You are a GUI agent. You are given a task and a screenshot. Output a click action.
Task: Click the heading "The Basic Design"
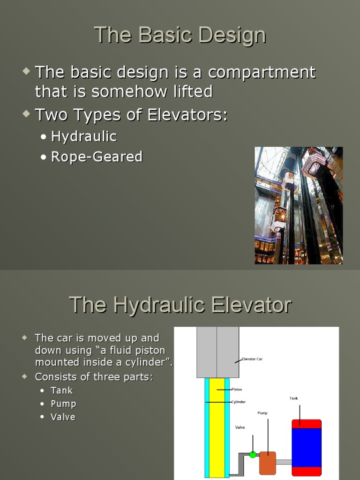180,35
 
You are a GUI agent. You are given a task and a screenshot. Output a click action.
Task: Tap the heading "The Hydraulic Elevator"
180,305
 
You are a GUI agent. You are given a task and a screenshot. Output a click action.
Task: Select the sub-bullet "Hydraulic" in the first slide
83,136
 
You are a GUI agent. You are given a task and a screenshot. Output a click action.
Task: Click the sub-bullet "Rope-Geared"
97,157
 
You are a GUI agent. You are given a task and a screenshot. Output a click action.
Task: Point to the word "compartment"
262,73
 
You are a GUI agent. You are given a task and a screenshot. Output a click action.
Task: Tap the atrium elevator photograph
299,205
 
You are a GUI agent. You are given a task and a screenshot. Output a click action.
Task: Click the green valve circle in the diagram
253,454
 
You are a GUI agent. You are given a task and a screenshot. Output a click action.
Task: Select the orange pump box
267,463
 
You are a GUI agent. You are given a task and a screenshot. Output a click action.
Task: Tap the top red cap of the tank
307,424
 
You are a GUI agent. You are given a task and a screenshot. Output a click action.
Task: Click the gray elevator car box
217,352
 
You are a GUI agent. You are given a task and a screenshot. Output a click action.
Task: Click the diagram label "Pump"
262,413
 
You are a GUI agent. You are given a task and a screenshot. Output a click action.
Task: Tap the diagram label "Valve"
240,427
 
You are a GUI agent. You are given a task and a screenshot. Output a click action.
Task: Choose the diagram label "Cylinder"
239,402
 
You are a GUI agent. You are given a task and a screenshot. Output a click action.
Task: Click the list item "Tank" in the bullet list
62,390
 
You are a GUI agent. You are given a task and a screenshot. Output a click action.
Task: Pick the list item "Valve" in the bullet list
63,417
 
